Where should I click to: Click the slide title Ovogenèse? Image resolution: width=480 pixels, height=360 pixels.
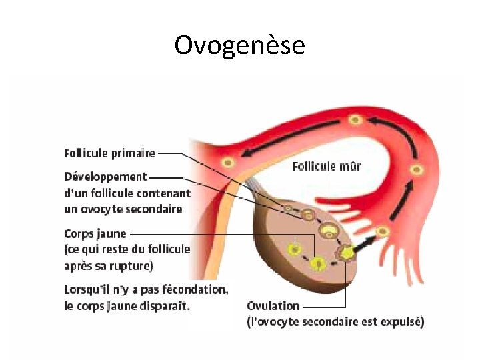point(239,45)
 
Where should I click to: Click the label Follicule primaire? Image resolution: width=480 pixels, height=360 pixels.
point(109,153)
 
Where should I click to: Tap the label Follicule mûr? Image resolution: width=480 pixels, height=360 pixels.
point(327,167)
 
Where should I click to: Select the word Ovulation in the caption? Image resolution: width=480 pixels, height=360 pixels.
point(273,306)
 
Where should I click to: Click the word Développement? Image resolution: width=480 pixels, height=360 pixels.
point(105,177)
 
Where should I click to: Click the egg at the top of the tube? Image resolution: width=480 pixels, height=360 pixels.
point(355,120)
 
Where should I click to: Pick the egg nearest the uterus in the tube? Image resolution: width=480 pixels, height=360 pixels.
point(228,162)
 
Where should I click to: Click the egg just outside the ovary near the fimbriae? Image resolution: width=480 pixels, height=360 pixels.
point(383,231)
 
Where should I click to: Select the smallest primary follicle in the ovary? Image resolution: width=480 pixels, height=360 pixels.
point(288,209)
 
